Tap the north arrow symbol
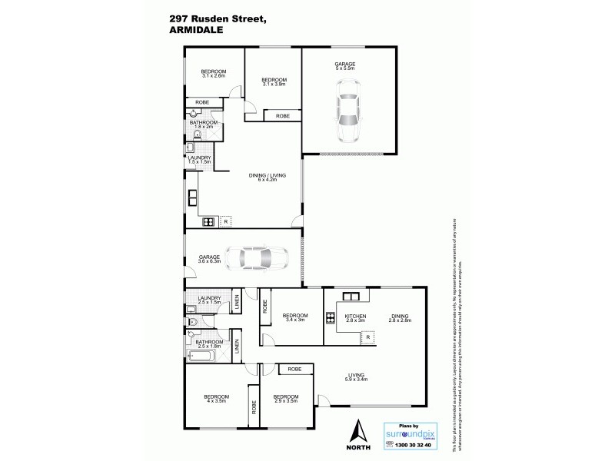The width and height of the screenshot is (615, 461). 357,431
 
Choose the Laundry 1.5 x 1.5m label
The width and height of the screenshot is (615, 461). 198,160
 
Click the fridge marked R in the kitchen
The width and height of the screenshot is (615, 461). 367,337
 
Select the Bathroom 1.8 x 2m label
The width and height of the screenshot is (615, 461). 204,124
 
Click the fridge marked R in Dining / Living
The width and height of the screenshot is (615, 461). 225,222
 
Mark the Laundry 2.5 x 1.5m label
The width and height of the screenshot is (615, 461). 209,300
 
